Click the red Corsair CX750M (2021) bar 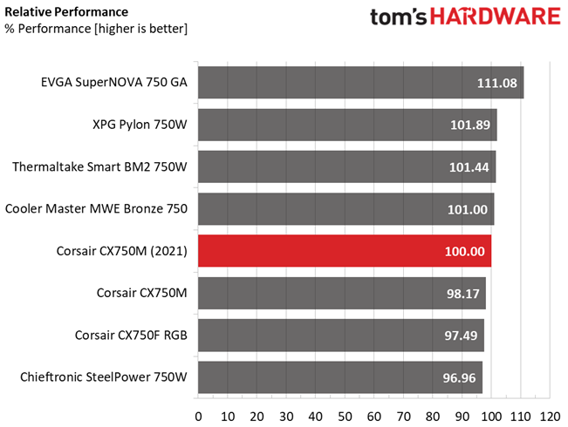345,251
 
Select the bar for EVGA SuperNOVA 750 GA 360,84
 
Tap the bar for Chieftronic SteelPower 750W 340,377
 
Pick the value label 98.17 463,294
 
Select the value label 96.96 460,378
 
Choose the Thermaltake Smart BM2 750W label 102,167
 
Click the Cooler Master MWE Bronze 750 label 98,209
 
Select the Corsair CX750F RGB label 131,335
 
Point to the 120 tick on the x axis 550,415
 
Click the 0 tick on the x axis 198,415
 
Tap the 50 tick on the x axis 345,415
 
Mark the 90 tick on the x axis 462,415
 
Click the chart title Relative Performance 66,12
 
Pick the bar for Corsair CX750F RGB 341,335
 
